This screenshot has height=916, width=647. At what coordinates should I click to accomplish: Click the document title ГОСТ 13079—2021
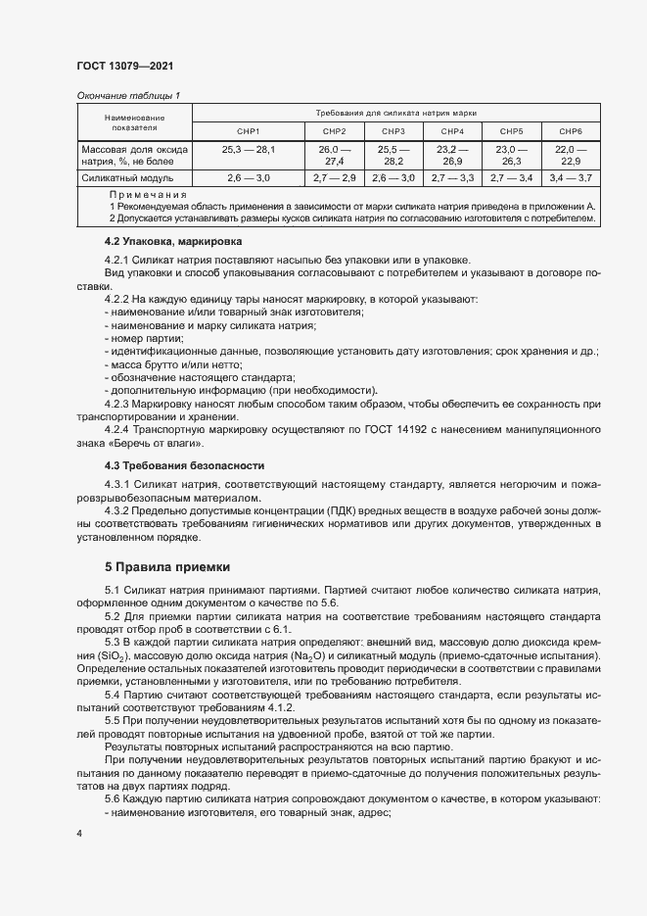[x=124, y=66]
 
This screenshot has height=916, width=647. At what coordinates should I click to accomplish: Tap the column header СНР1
[x=248, y=130]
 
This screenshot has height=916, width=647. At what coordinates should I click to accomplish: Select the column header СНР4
[x=452, y=130]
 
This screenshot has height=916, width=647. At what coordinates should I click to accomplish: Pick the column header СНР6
[x=571, y=130]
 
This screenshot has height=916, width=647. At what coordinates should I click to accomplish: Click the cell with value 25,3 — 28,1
[x=248, y=148]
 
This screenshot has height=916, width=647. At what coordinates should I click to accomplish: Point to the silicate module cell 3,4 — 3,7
[x=571, y=178]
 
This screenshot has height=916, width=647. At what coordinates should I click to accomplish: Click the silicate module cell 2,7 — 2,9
[x=334, y=178]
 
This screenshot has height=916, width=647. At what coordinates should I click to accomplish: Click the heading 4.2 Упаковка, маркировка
[x=172, y=241]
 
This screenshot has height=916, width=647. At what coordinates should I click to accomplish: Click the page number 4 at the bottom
[x=79, y=833]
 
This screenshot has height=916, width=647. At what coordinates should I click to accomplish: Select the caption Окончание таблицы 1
[x=127, y=95]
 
